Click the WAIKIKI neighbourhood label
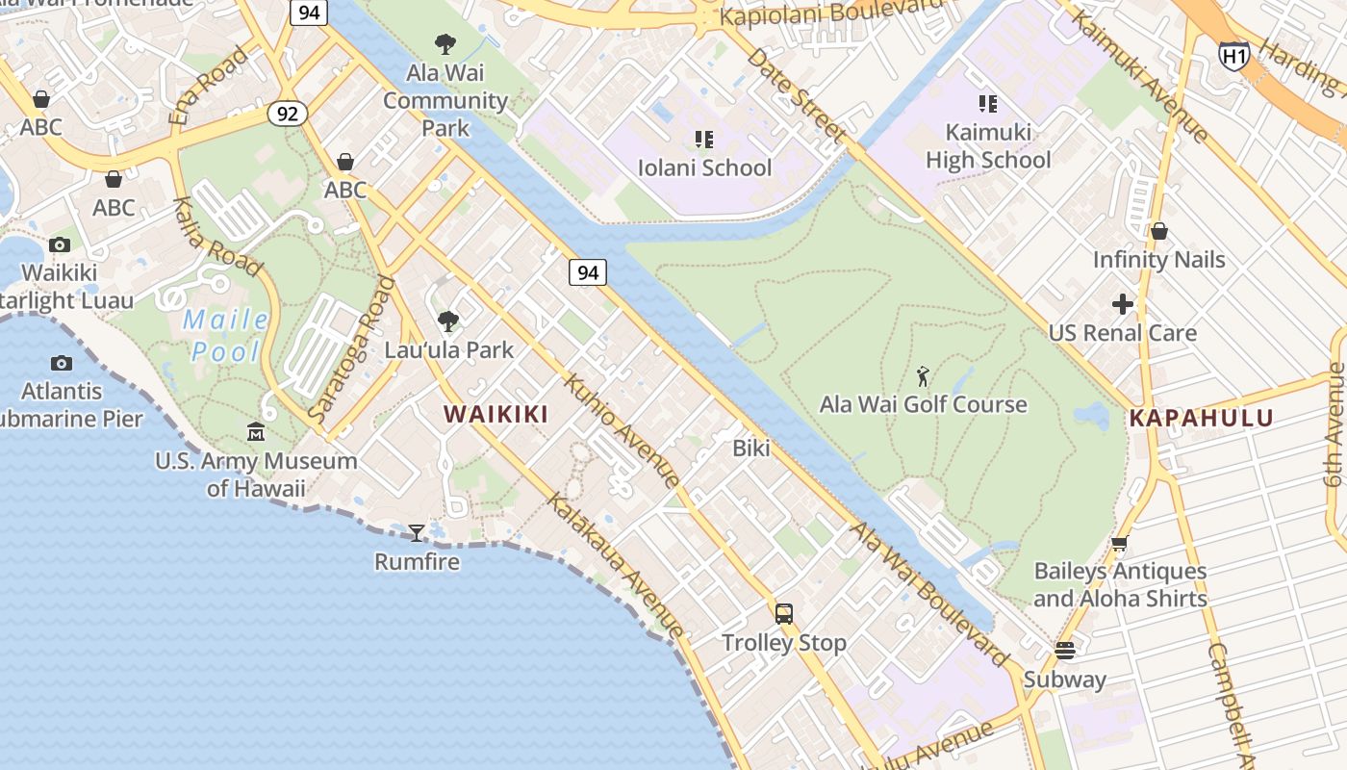[496, 415]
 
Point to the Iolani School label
[704, 167]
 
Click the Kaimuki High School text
[988, 146]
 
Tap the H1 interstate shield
[1234, 55]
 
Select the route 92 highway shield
[287, 114]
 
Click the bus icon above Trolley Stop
[784, 613]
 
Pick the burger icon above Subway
[1065, 651]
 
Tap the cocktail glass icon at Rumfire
[417, 532]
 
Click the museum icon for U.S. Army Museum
[256, 432]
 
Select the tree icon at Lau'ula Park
[448, 321]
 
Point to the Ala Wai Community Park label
[445, 100]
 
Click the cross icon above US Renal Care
[1123, 305]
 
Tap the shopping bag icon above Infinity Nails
[1159, 231]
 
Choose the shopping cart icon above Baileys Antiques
[1120, 544]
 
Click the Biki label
[751, 448]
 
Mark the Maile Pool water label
[226, 335]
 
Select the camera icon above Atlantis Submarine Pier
[62, 363]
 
